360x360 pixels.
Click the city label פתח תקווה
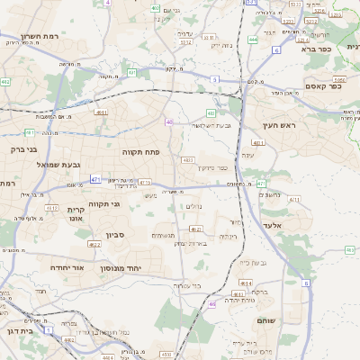point(140,152)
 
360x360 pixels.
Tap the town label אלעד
point(274,225)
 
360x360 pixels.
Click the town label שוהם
point(265,320)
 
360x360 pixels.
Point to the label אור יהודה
point(64,267)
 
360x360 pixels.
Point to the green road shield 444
point(253,40)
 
